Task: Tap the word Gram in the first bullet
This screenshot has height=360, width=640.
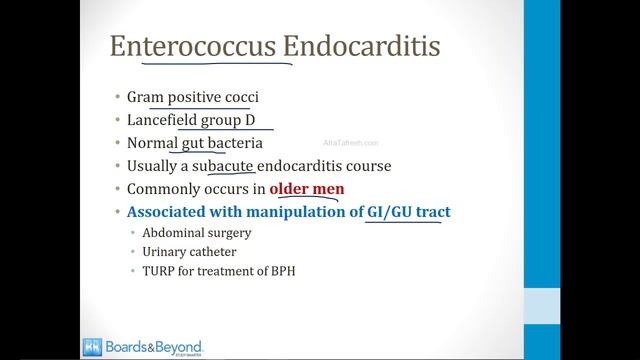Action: pyautogui.click(x=144, y=97)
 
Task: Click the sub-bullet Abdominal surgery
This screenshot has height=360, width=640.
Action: pyautogui.click(x=196, y=233)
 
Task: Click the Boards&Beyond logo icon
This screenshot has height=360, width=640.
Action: pyautogui.click(x=92, y=346)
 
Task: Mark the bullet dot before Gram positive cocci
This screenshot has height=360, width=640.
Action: pyautogui.click(x=116, y=98)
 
